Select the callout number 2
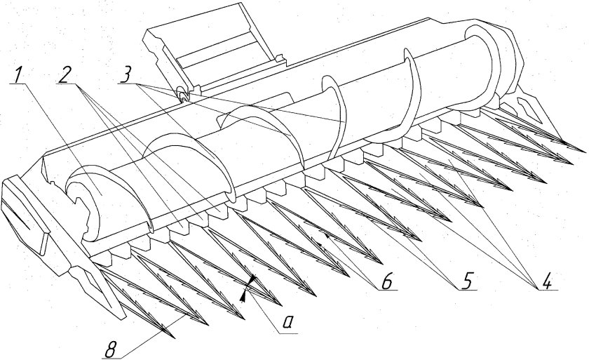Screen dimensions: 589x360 click(65, 76)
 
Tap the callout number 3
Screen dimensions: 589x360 click(125, 75)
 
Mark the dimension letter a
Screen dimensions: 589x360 click(287, 323)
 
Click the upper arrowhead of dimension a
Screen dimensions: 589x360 click(253, 279)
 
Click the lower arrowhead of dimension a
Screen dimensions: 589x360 click(243, 297)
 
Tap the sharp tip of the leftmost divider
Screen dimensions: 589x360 click(173, 337)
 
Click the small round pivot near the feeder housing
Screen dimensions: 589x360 click(184, 95)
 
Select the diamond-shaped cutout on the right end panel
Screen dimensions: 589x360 click(529, 109)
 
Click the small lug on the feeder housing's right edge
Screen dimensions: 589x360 click(279, 58)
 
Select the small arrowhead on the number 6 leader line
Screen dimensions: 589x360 click(327, 236)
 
